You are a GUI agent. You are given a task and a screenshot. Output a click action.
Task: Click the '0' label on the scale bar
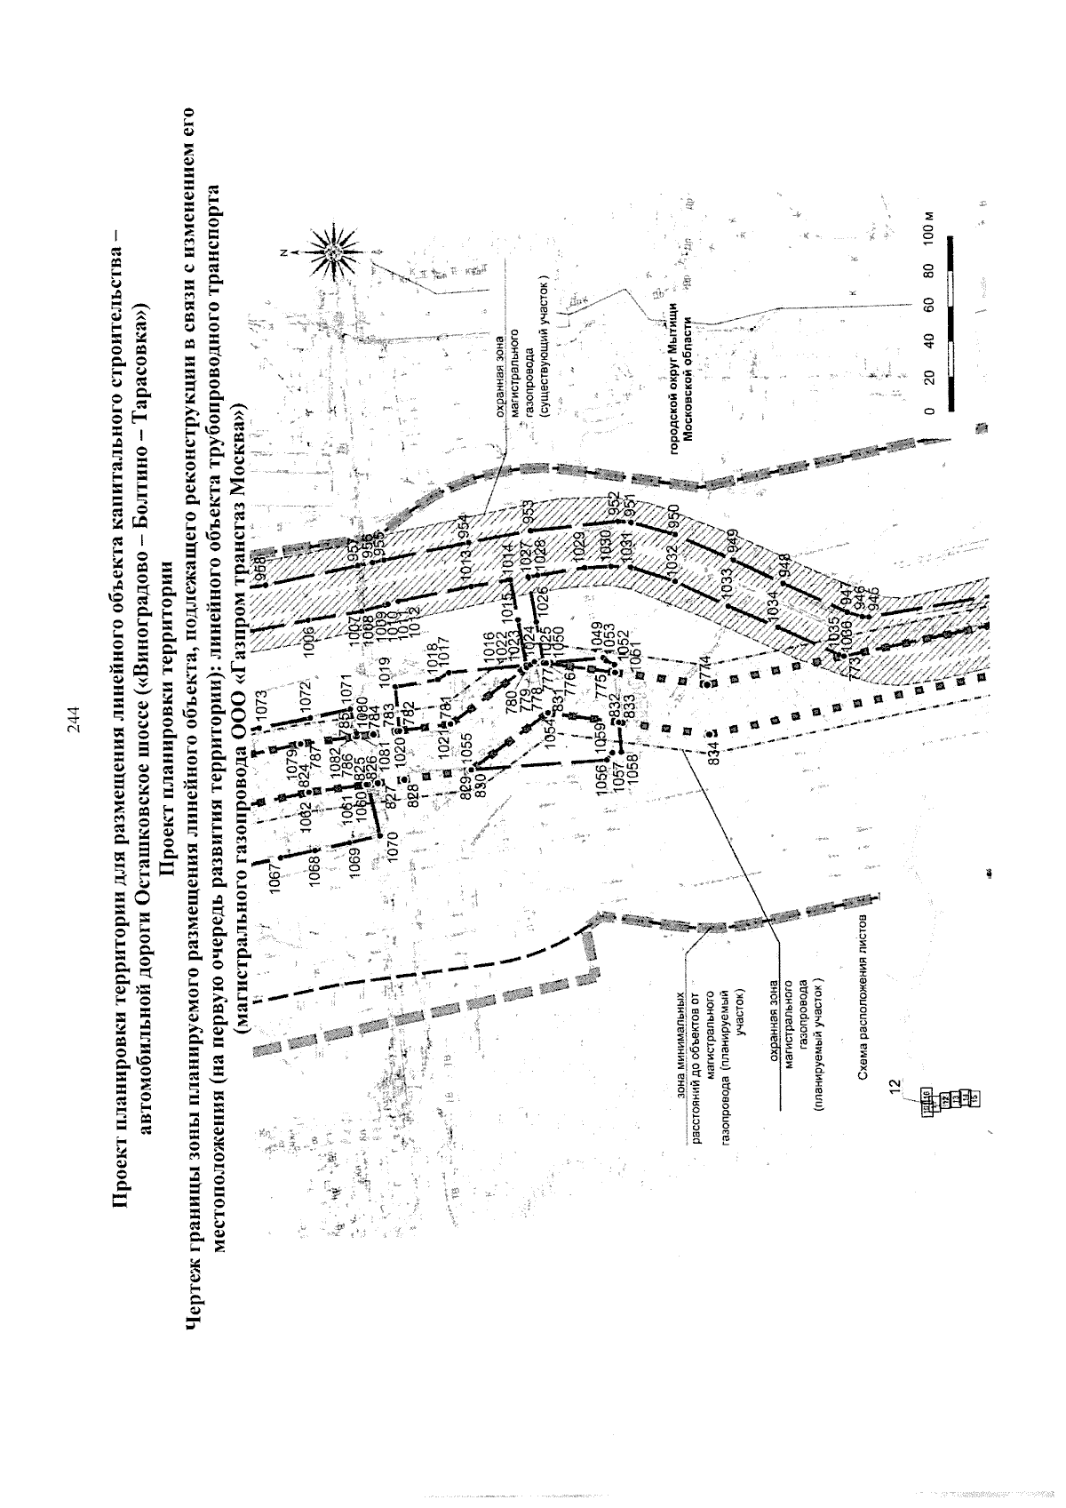(x=929, y=411)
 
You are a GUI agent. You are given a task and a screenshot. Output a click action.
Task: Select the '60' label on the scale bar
(x=929, y=304)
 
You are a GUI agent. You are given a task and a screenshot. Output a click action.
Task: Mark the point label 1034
(x=773, y=605)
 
